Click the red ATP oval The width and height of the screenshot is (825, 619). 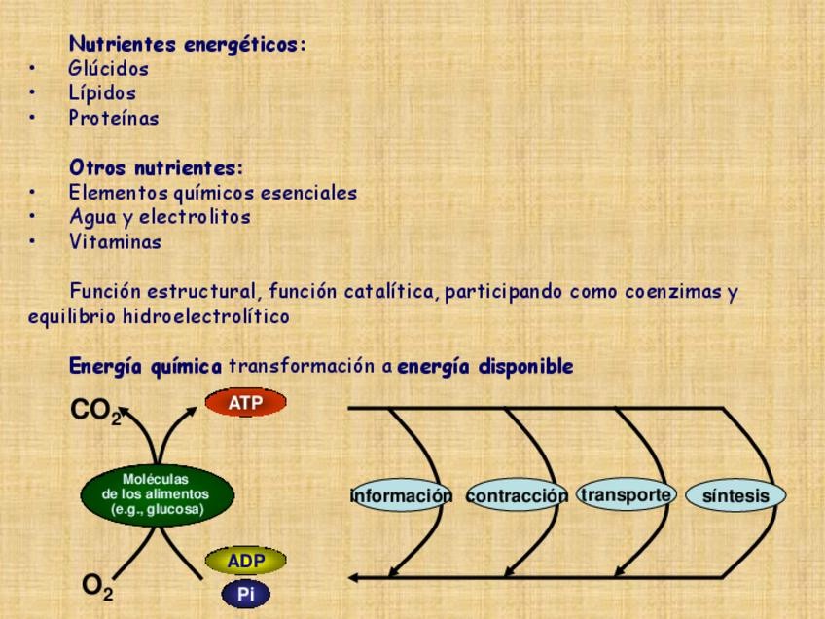(x=246, y=402)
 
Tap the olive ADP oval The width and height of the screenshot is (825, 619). (x=246, y=561)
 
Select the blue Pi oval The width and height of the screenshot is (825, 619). (x=246, y=594)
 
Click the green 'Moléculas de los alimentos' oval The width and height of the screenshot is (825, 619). (x=157, y=494)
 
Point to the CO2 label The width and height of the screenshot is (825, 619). (x=96, y=412)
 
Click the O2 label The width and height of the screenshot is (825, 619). (x=97, y=587)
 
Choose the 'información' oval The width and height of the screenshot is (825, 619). (x=401, y=496)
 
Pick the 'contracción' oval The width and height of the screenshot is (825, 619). (x=517, y=496)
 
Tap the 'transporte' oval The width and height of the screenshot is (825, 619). (x=626, y=494)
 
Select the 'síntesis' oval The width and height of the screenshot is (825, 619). (x=736, y=496)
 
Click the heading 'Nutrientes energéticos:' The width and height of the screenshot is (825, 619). (x=187, y=45)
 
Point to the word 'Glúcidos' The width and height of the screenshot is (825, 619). (x=109, y=69)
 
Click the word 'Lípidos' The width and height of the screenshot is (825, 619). (x=102, y=93)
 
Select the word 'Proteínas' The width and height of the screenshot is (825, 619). (x=114, y=119)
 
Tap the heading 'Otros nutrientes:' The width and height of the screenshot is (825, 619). (x=156, y=168)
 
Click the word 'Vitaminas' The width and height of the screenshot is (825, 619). (x=115, y=242)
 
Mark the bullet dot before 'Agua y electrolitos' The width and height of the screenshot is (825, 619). (x=32, y=217)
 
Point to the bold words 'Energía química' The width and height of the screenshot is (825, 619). (x=145, y=367)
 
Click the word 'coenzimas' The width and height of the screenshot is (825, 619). (x=672, y=292)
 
